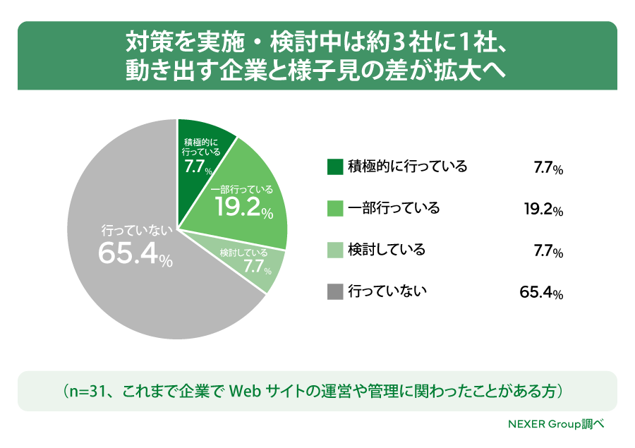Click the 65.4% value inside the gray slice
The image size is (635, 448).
point(135,255)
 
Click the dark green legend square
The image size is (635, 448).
point(335,167)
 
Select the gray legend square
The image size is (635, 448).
point(335,291)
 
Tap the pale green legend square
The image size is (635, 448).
point(335,250)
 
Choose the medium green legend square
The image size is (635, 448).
point(335,209)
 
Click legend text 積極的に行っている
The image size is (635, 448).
point(407,167)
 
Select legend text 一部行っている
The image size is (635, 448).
point(394,208)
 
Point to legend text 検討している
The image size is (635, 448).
point(387,250)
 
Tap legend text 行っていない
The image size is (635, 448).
point(387,291)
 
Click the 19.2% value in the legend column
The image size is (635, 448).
point(543,210)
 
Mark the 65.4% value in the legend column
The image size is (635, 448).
point(541,293)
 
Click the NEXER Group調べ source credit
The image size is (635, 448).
point(557,424)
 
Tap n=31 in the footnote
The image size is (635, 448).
point(87,392)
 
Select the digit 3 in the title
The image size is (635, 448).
point(399,42)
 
